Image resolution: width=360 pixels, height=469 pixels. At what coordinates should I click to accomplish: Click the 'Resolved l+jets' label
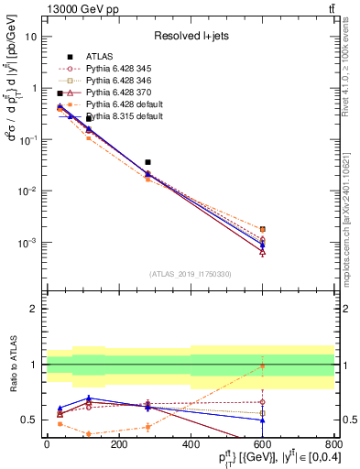190,36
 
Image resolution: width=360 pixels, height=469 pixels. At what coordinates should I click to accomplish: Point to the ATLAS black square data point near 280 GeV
147,162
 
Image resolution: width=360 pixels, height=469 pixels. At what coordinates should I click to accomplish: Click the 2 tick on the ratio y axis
35,309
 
